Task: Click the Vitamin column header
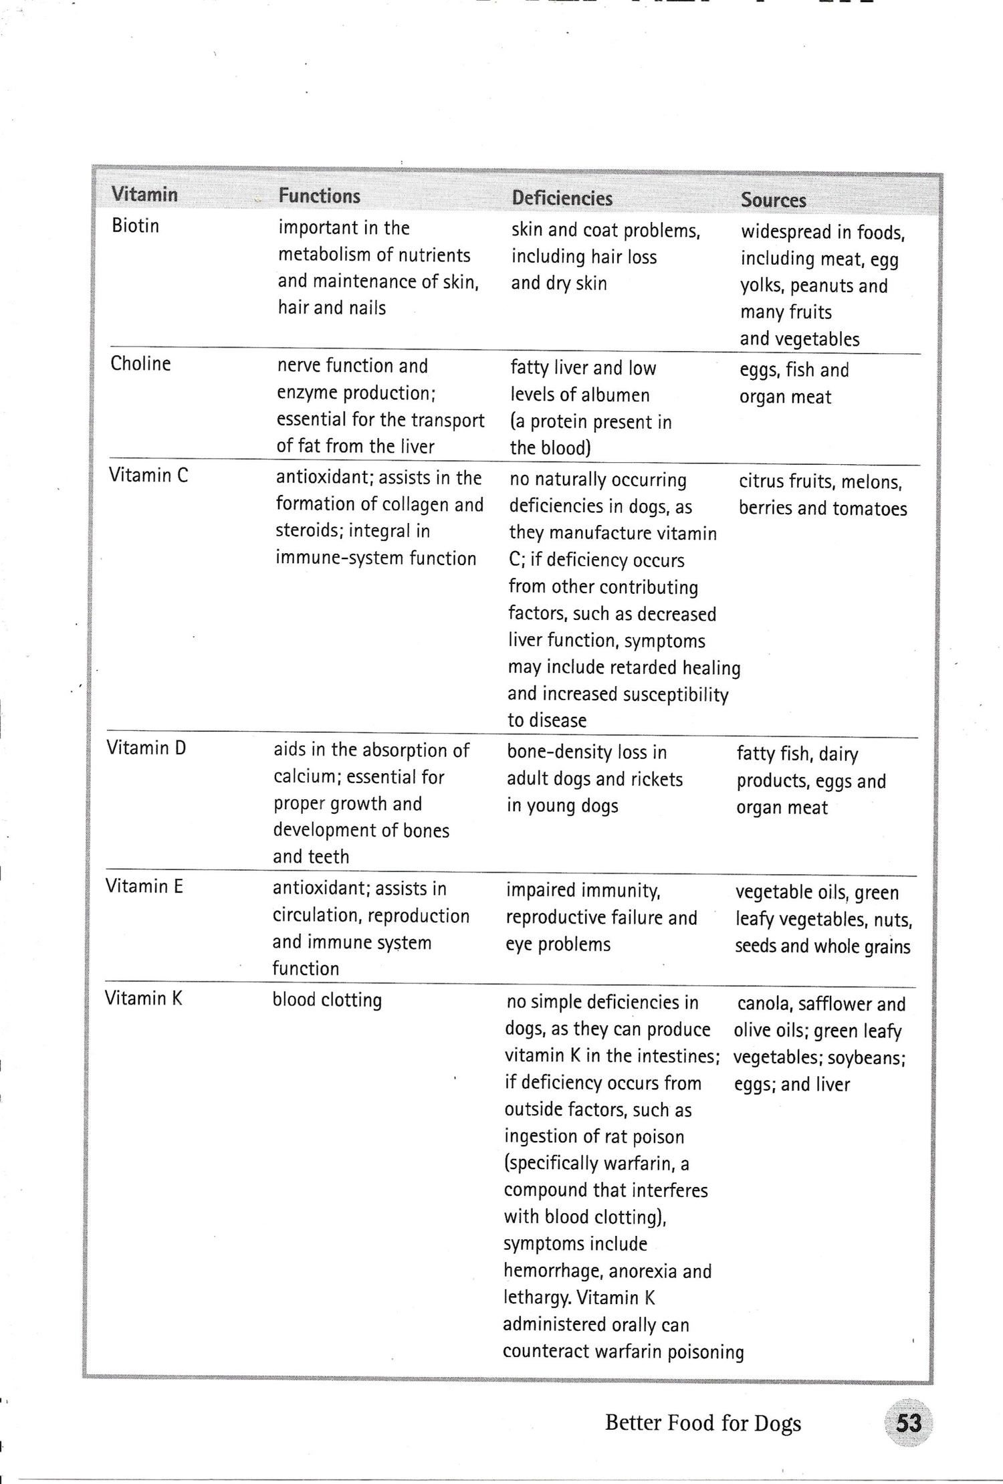click(x=144, y=195)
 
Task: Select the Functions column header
click(x=319, y=196)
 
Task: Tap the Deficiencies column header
click(x=562, y=198)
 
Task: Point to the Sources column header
click(x=773, y=200)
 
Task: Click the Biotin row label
click(x=135, y=226)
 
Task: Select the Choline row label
click(x=140, y=364)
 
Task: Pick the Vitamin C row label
click(x=148, y=475)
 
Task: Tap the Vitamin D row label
click(x=146, y=748)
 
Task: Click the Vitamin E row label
click(x=144, y=886)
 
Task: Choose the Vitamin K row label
click(x=143, y=998)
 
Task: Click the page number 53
click(x=908, y=1423)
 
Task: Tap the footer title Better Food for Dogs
click(x=703, y=1423)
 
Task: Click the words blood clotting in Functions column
click(x=327, y=1000)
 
